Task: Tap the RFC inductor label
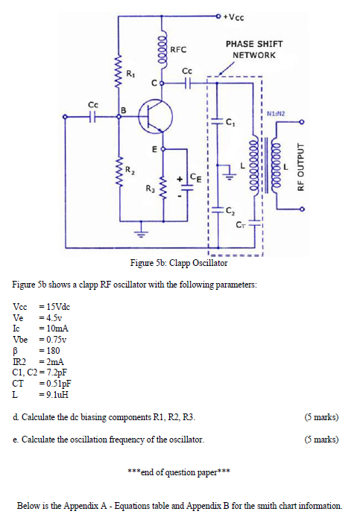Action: [177, 50]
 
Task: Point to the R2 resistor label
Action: [131, 172]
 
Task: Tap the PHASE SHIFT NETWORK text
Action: [253, 50]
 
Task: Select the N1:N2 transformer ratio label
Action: [276, 113]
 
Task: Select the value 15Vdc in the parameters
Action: [57, 308]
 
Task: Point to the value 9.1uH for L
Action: [54, 394]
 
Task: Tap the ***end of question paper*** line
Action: [179, 472]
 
